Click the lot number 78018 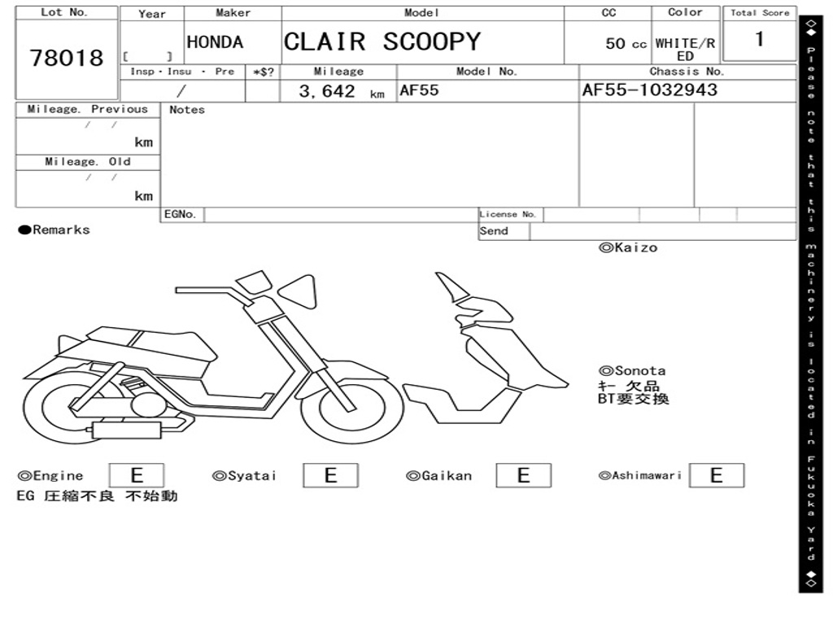click(67, 58)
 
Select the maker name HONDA click(215, 42)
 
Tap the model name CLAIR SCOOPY click(382, 42)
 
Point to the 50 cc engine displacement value click(626, 44)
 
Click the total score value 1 click(760, 39)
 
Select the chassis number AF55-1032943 click(650, 90)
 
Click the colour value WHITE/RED click(685, 50)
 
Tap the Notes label click(186, 110)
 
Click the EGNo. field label click(180, 214)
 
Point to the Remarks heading click(55, 229)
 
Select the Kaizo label click(628, 247)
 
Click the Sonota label click(632, 370)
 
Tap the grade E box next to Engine click(137, 475)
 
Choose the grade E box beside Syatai click(330, 475)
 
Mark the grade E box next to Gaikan click(523, 475)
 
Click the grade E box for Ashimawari click(717, 475)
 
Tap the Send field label click(494, 231)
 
